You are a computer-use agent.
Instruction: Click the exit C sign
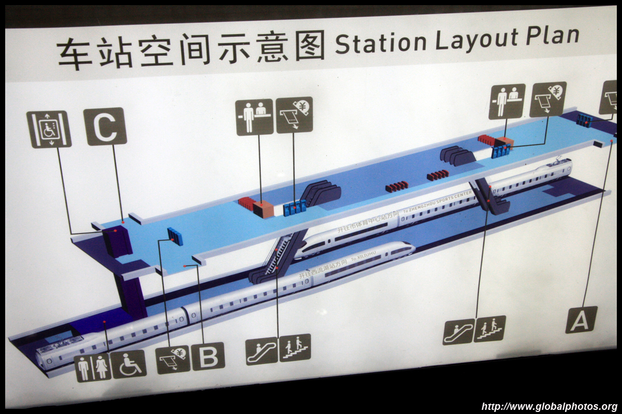click(x=105, y=126)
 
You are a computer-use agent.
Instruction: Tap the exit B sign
click(x=208, y=356)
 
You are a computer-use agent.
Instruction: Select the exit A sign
click(x=581, y=319)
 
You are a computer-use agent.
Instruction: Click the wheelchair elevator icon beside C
click(x=49, y=129)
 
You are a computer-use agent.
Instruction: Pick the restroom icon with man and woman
click(x=93, y=367)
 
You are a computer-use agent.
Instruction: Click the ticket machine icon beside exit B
click(x=173, y=359)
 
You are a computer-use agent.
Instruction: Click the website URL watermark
click(x=549, y=406)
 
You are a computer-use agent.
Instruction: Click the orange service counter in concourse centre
click(x=263, y=209)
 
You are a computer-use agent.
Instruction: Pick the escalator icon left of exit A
click(x=458, y=332)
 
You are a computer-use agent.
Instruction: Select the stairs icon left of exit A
click(x=490, y=329)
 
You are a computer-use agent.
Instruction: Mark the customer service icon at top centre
click(x=255, y=117)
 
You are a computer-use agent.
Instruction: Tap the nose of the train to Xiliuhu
click(x=409, y=248)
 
